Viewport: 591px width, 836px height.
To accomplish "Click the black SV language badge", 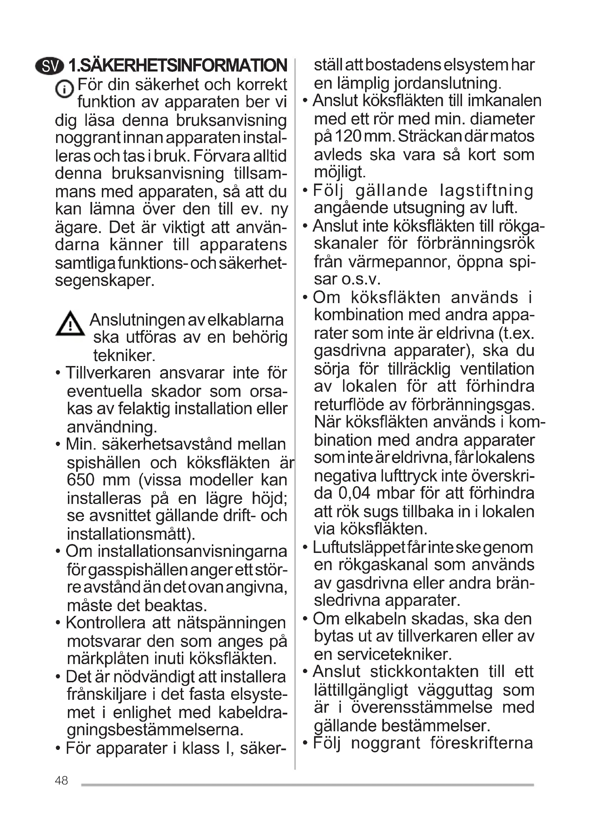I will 50,66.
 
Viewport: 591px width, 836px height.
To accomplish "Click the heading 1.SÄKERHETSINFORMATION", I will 178,65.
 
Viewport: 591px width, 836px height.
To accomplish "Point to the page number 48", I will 61,781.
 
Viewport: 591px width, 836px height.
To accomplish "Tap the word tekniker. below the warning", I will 124,355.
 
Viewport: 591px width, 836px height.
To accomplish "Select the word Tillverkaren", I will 108,373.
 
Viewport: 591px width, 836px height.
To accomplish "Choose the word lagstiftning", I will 486,190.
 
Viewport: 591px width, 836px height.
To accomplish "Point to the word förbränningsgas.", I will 473,404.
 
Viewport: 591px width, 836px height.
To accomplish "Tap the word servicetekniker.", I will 394,654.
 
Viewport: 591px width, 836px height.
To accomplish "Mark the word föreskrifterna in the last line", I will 481,743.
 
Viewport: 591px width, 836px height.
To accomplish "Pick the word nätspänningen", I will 231,623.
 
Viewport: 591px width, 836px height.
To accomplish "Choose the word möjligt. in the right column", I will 340,172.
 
